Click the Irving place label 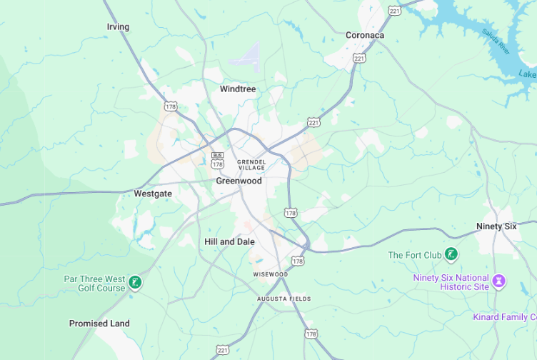click(118, 27)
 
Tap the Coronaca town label click(364, 35)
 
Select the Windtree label click(238, 89)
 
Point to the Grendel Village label click(251, 164)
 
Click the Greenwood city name click(239, 181)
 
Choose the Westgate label click(153, 194)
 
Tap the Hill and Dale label click(229, 242)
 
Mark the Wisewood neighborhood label click(270, 274)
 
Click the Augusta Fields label click(284, 299)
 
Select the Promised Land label click(99, 324)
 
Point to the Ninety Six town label click(496, 226)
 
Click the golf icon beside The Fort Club click(451, 254)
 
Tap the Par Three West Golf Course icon click(134, 283)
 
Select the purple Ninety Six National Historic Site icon click(500, 281)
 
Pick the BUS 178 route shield click(217, 160)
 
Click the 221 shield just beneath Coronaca click(359, 57)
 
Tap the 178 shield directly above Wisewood click(298, 261)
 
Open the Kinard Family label click(504, 316)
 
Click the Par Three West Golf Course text click(94, 283)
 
